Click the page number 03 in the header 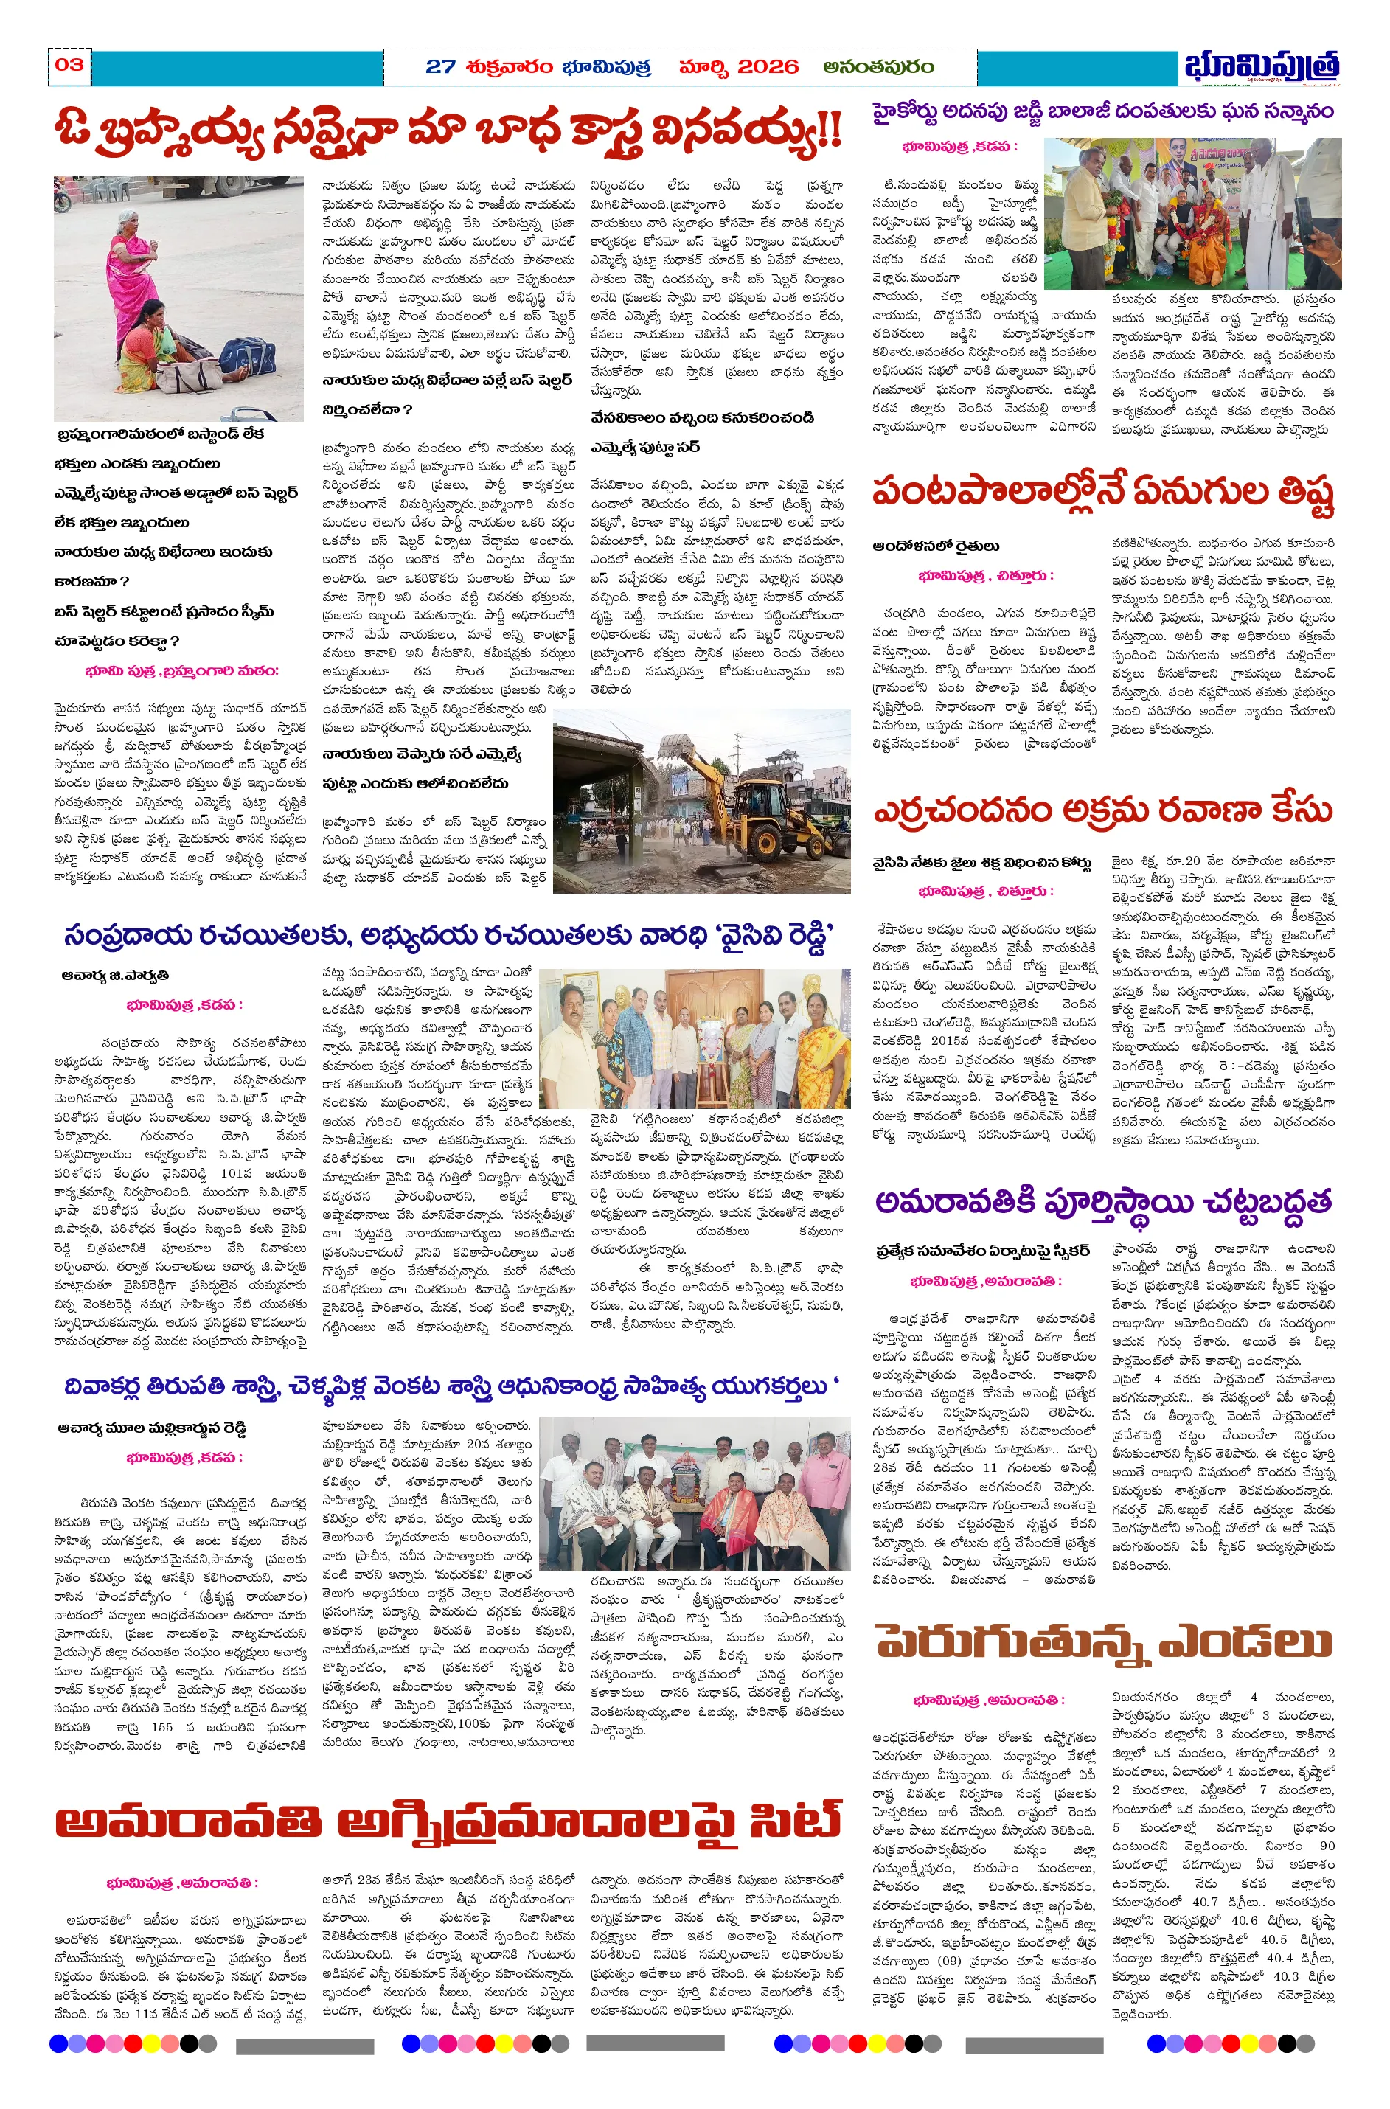click(69, 65)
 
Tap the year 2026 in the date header click(767, 67)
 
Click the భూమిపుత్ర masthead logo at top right click(1260, 67)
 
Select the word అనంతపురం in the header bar click(878, 67)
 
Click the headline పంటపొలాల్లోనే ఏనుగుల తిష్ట click(1102, 493)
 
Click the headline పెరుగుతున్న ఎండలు click(1102, 1641)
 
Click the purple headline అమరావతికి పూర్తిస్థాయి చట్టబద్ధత click(1102, 1201)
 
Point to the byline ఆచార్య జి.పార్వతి click(115, 975)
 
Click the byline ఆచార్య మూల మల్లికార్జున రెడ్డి click(152, 1428)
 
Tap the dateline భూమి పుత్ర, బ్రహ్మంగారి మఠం click(181, 671)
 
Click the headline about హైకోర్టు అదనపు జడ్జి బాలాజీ click(1102, 111)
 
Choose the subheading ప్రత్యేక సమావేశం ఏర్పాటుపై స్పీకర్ click(982, 1251)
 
